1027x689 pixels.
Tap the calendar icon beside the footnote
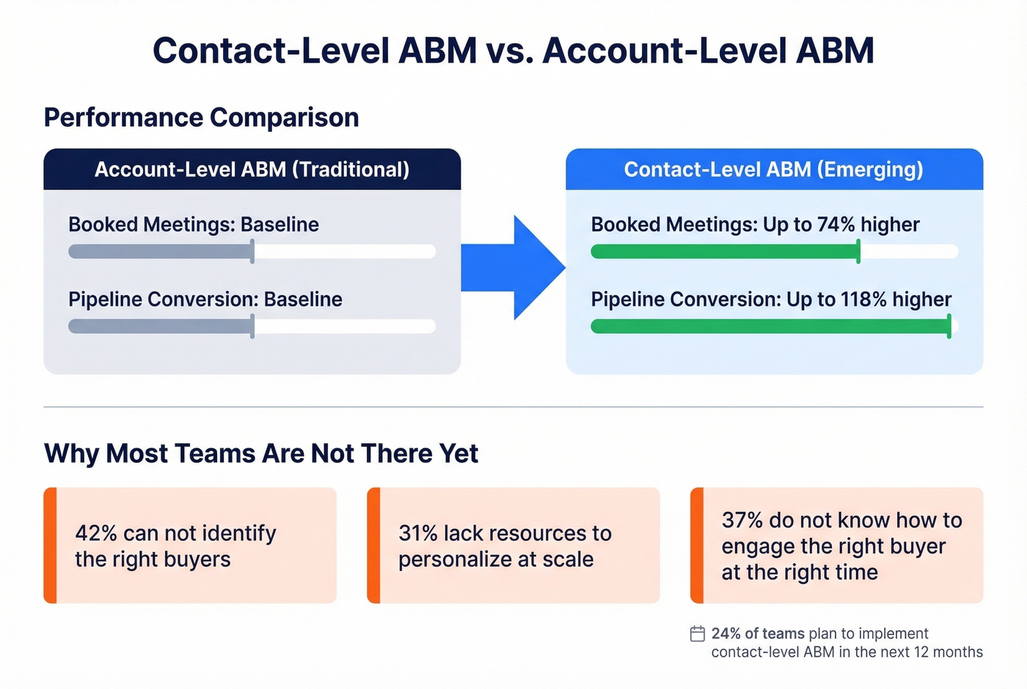(x=698, y=633)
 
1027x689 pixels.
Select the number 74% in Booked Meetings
(x=836, y=225)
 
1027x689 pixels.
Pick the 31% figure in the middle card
(x=418, y=533)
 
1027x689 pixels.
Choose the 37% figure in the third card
(x=742, y=520)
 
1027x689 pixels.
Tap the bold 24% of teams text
(x=758, y=633)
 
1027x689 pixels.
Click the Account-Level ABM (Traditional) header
(x=252, y=169)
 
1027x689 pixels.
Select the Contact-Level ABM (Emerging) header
(x=773, y=169)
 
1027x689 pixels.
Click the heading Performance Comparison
(x=202, y=117)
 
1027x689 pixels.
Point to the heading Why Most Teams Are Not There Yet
(x=261, y=453)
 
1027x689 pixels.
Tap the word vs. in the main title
(x=510, y=51)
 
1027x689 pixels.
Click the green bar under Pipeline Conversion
(x=770, y=327)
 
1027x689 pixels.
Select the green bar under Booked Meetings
(x=725, y=252)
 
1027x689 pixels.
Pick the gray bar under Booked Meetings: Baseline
(x=160, y=252)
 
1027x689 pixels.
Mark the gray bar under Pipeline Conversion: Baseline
(x=160, y=327)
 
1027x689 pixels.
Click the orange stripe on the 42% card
(x=50, y=545)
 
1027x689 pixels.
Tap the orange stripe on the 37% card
(x=697, y=545)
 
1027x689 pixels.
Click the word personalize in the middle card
(x=445, y=559)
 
